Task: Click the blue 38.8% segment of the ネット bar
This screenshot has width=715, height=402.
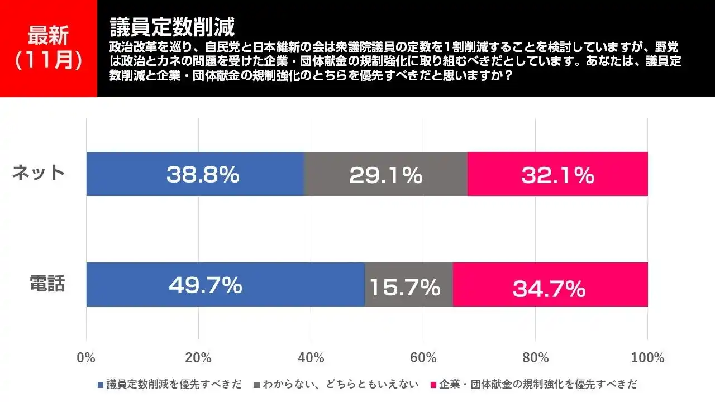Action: pyautogui.click(x=195, y=174)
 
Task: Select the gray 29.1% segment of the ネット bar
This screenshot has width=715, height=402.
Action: pyautogui.click(x=385, y=174)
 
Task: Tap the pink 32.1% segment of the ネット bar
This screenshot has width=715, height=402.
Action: pyautogui.click(x=557, y=174)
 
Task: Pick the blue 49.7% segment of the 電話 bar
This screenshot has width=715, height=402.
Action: pyautogui.click(x=225, y=284)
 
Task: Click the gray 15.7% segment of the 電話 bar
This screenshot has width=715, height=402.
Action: pyautogui.click(x=408, y=284)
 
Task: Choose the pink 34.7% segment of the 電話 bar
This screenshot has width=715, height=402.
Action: pyautogui.click(x=550, y=284)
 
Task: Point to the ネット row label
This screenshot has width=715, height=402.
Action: pyautogui.click(x=39, y=173)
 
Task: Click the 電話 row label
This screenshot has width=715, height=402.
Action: pyautogui.click(x=47, y=284)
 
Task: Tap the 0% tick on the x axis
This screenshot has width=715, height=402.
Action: pyautogui.click(x=86, y=358)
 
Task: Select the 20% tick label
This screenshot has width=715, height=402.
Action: pyautogui.click(x=198, y=358)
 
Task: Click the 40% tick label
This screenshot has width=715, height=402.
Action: pyautogui.click(x=311, y=358)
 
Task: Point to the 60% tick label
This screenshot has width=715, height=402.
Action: pyautogui.click(x=423, y=358)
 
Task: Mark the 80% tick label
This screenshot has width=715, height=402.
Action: pyautogui.click(x=535, y=358)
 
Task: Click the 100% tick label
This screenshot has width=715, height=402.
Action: pyautogui.click(x=647, y=358)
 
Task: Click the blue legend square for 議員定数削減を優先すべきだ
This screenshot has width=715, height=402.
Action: pyautogui.click(x=101, y=385)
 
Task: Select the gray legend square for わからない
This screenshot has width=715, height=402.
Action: pyautogui.click(x=257, y=385)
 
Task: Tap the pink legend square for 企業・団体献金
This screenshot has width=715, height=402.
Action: pyautogui.click(x=433, y=385)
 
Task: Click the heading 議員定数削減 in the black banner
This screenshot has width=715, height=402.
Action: pyautogui.click(x=171, y=26)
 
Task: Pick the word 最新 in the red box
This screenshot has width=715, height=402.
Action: pyautogui.click(x=49, y=36)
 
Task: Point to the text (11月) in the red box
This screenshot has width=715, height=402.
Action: pyautogui.click(x=49, y=60)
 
